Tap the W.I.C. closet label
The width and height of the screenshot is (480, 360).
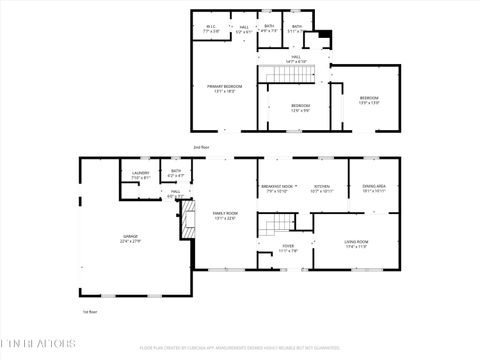[211, 29]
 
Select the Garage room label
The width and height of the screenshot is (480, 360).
[131, 238]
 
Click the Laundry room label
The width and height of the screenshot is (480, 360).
[140, 175]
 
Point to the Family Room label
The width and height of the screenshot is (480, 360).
[225, 215]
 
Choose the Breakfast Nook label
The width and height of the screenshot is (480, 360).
[277, 188]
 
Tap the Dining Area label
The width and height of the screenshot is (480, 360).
[374, 188]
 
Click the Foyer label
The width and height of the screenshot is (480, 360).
[288, 248]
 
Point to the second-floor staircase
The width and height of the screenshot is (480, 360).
[288, 74]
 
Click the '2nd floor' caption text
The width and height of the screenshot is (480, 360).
[201, 147]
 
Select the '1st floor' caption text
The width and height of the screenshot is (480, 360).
[89, 311]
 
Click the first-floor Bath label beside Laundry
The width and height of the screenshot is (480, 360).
[175, 172]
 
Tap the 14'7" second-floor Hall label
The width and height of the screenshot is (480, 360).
[295, 59]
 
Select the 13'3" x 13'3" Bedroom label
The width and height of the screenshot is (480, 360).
[369, 99]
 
